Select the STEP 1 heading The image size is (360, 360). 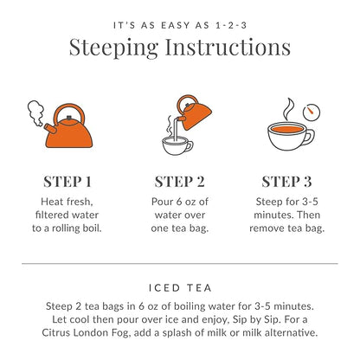point(67,182)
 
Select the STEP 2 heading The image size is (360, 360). point(179,182)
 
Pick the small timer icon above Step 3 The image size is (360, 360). point(311,112)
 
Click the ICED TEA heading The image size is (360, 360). point(179,286)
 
